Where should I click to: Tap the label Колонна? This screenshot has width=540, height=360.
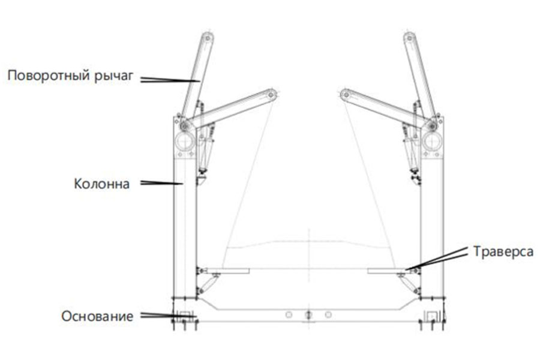(x=101, y=184)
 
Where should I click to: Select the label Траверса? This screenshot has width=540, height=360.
(x=503, y=251)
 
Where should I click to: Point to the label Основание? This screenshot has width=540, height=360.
(x=97, y=316)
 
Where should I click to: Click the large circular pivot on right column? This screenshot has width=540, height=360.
(x=431, y=142)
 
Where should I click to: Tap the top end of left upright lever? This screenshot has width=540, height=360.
(x=208, y=37)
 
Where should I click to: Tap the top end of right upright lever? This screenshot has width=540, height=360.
(x=409, y=37)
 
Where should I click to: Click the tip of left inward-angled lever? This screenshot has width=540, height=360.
(x=272, y=94)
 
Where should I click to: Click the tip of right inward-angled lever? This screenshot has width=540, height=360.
(x=344, y=94)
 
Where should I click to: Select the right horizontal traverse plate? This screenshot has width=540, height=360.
(x=388, y=271)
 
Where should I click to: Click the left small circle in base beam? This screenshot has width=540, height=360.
(x=289, y=314)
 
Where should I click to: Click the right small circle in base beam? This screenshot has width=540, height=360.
(x=328, y=314)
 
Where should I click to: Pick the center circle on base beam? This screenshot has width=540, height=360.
(x=308, y=314)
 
